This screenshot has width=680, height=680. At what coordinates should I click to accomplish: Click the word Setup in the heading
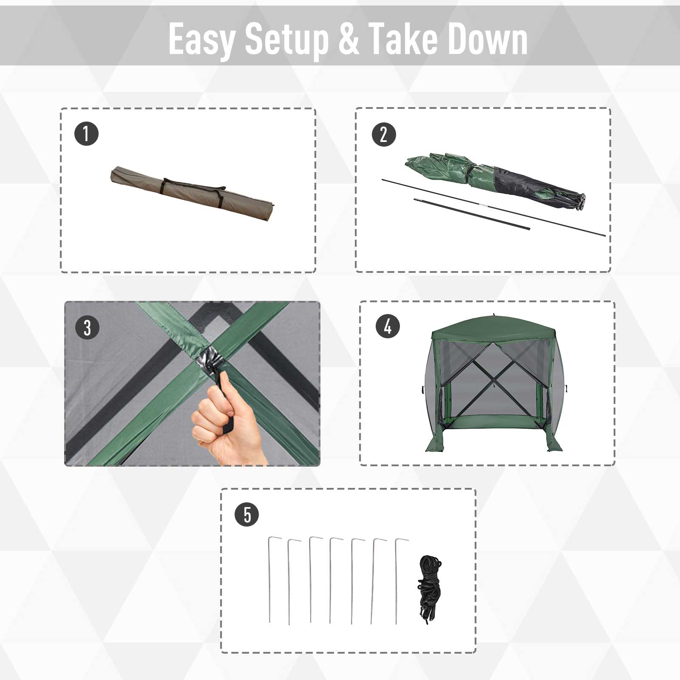coord(287,40)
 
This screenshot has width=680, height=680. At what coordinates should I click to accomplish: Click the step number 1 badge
coord(86,134)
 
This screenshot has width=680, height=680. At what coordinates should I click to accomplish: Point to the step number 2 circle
coord(383,134)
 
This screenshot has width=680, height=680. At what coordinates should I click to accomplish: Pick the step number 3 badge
coord(87,328)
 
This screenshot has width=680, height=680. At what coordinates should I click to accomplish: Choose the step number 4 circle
coord(388,326)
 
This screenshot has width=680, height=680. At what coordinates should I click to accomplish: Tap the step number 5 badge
coord(246,515)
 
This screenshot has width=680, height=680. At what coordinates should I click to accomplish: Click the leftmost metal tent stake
coord(270,580)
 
